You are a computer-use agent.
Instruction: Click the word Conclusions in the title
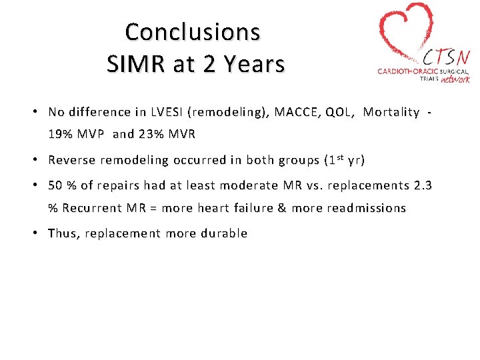192,31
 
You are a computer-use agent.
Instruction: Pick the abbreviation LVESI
153,112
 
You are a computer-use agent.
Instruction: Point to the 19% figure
61,134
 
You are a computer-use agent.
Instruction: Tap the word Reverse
72,160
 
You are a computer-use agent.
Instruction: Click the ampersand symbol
281,208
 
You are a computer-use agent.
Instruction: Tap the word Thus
62,234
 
